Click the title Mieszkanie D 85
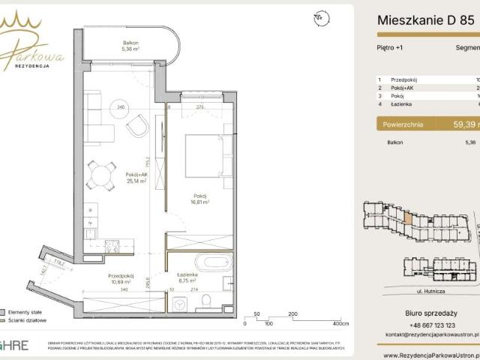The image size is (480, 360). [424, 21]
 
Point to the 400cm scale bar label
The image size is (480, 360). [340, 324]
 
